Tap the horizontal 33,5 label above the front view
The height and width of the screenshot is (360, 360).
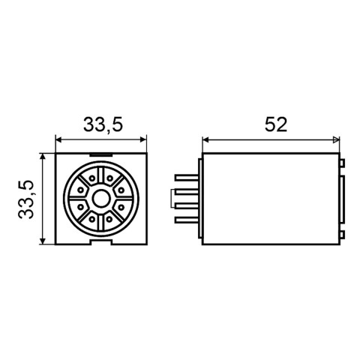pyautogui.click(x=103, y=124)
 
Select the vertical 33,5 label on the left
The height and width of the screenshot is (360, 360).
pyautogui.click(x=25, y=199)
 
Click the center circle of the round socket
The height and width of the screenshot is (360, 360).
pyautogui.click(x=101, y=198)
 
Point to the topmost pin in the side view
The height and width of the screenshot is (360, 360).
pyautogui.click(x=187, y=178)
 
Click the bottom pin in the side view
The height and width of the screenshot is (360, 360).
pyautogui.click(x=187, y=220)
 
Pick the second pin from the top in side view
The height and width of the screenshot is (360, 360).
pyautogui.click(x=187, y=192)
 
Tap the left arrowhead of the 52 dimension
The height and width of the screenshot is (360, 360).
pyautogui.click(x=205, y=139)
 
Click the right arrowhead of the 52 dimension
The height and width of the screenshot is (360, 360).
pyautogui.click(x=336, y=139)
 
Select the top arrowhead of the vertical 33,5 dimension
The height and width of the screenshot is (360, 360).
pyautogui.click(x=43, y=157)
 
